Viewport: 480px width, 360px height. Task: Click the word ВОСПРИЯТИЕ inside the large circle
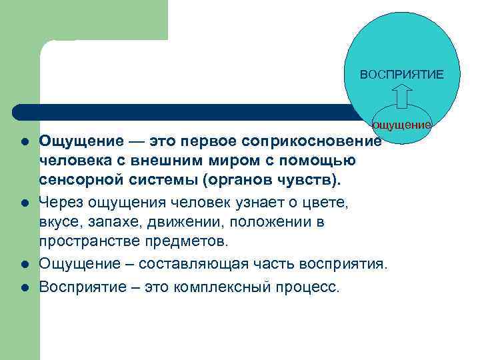[x=401, y=74]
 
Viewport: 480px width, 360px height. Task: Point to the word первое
[x=207, y=141]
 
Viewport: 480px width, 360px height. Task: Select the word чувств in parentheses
[x=311, y=180]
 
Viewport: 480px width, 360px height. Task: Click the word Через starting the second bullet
[x=59, y=201]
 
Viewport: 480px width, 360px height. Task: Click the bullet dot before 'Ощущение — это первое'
[x=23, y=141]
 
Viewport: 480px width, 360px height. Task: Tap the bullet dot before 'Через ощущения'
[x=23, y=201]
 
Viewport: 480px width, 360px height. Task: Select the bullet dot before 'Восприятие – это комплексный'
[x=23, y=287]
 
